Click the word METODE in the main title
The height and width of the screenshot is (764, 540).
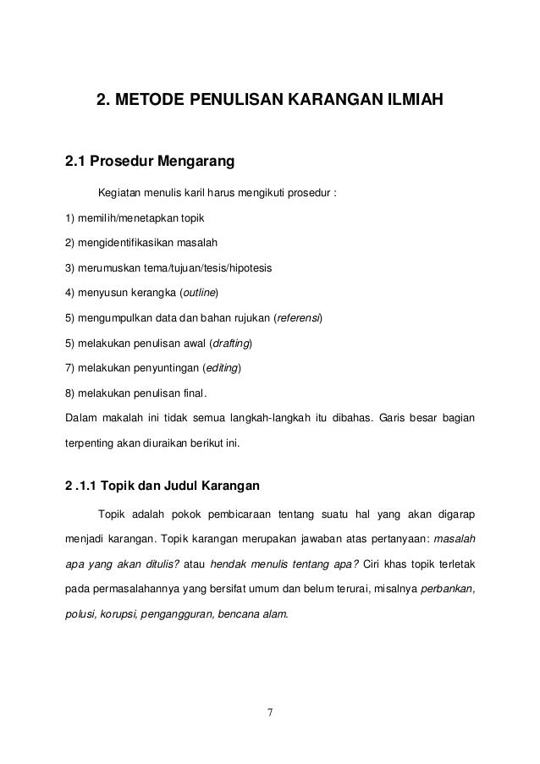point(149,104)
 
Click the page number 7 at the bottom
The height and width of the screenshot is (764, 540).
point(270,721)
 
